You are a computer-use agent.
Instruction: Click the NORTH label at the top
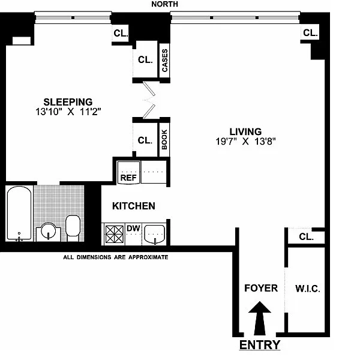click(164, 4)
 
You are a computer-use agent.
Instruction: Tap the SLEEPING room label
click(68, 102)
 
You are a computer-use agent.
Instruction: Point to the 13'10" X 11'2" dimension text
click(68, 112)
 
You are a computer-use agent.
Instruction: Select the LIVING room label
click(245, 131)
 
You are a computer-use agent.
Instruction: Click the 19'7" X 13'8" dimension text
click(245, 142)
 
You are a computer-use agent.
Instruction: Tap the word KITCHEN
click(134, 206)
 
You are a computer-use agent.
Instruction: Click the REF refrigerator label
click(128, 178)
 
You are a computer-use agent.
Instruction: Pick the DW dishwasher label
click(133, 228)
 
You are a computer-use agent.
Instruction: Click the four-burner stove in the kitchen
click(114, 234)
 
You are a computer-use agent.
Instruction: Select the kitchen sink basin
click(155, 234)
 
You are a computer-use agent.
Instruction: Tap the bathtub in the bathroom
click(19, 214)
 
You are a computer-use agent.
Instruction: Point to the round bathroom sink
click(48, 231)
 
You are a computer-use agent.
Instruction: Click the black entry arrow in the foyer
click(260, 318)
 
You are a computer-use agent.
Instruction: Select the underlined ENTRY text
click(260, 345)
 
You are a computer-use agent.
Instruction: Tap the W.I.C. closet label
click(308, 289)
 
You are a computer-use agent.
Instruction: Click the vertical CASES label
click(165, 61)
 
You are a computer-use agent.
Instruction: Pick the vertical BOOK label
click(164, 139)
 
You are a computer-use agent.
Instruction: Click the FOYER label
click(261, 288)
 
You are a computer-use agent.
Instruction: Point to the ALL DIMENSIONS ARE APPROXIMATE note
click(116, 257)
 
